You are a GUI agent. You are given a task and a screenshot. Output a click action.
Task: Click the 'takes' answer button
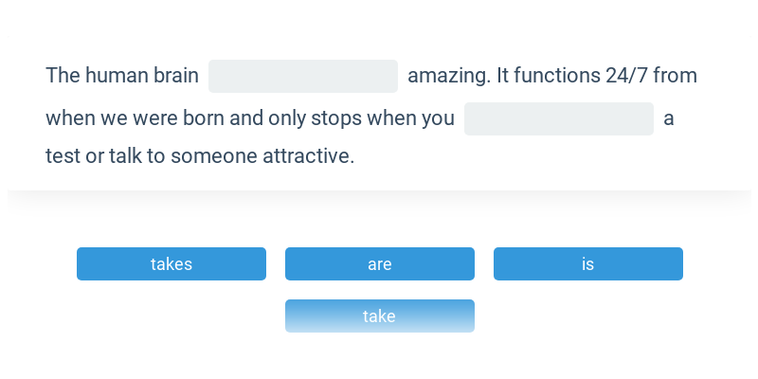[x=171, y=264]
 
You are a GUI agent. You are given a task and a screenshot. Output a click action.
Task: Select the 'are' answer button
[x=380, y=264]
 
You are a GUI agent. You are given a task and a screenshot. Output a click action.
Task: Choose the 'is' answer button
[x=587, y=264]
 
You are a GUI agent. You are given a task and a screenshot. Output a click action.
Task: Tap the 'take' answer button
[x=380, y=316]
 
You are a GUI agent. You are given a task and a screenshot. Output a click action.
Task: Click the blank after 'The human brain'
[x=303, y=77]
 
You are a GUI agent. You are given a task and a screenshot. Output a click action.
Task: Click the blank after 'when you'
[x=559, y=119]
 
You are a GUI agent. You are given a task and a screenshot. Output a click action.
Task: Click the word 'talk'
[x=126, y=155]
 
